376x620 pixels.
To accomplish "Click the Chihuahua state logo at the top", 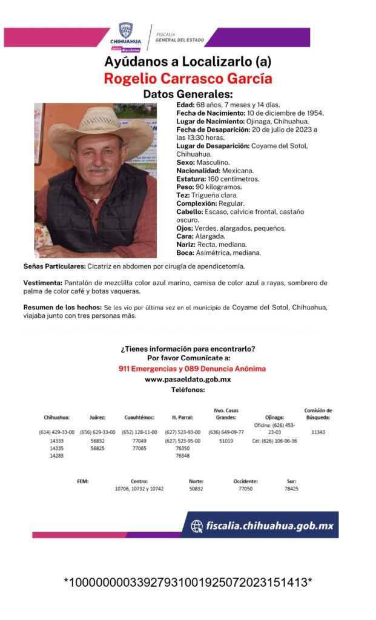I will [x=125, y=36].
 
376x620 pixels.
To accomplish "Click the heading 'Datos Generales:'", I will [x=188, y=94].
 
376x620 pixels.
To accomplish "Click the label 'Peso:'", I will [x=186, y=188].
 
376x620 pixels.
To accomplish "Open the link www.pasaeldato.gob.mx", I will [x=188, y=380].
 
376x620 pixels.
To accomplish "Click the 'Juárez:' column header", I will [x=97, y=417].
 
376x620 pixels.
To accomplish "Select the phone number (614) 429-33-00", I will [x=56, y=432].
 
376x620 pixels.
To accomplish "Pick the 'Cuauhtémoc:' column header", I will [x=139, y=417].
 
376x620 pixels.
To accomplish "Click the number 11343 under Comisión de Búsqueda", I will [x=318, y=432].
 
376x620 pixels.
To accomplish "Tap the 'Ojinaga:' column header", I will [x=274, y=417].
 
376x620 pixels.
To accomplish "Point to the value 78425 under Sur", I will [x=291, y=489].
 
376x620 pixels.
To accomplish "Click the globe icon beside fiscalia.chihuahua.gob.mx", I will [x=197, y=526].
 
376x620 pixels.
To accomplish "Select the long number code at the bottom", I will [x=188, y=582].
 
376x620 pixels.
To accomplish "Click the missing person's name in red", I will [x=188, y=79].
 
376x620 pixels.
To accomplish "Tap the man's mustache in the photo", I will [x=99, y=168].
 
